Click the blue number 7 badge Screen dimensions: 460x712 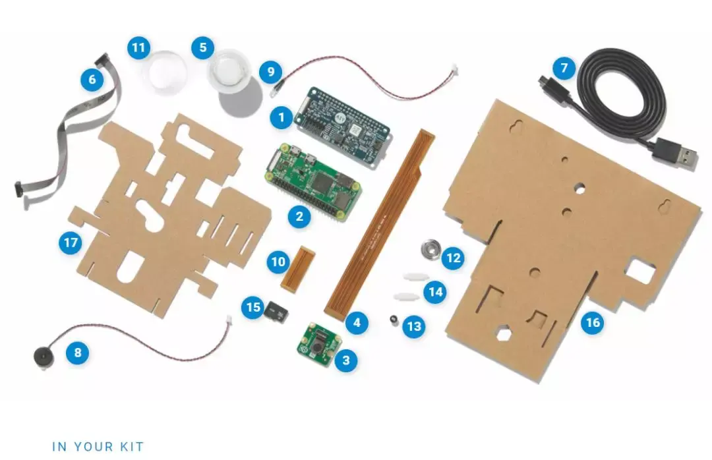[564, 68]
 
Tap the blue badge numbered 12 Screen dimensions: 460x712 [452, 258]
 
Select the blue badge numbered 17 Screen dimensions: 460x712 [70, 243]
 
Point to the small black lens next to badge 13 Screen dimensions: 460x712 [394, 320]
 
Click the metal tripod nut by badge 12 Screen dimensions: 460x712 [430, 249]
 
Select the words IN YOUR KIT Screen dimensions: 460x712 [98, 446]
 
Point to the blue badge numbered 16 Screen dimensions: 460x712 [593, 322]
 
